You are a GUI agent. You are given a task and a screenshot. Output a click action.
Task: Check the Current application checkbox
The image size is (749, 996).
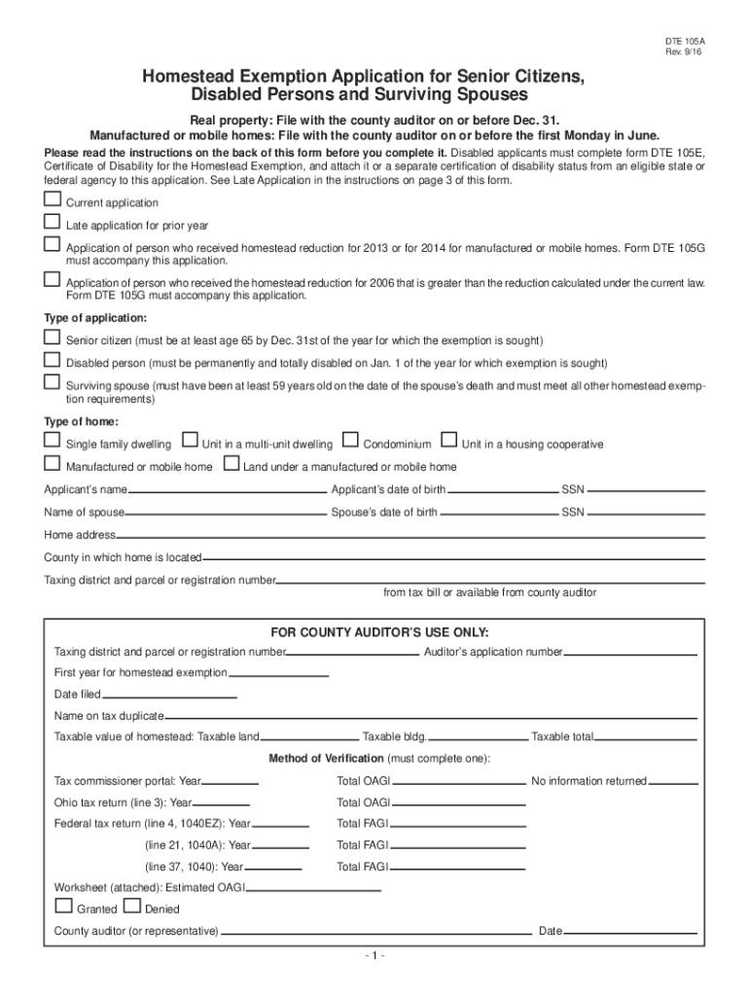[x=52, y=199]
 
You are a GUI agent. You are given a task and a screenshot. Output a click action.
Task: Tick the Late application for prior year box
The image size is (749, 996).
[x=52, y=222]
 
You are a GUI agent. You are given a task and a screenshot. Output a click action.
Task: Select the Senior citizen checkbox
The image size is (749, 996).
[x=52, y=338]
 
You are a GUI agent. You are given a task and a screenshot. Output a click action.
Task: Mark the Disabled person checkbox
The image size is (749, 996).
[x=52, y=360]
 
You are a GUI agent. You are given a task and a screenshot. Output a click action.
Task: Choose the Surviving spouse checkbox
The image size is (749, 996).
[x=52, y=382]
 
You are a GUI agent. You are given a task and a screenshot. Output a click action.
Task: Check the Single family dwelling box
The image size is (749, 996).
[x=52, y=441]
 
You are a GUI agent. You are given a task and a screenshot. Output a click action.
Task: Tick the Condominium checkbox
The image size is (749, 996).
[x=350, y=441]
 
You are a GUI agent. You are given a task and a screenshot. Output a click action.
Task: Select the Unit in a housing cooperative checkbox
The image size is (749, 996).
[x=449, y=441]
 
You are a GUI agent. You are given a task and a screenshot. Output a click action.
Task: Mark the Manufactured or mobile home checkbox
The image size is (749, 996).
[x=52, y=464]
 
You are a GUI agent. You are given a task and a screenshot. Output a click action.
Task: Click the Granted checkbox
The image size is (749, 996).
[x=63, y=907]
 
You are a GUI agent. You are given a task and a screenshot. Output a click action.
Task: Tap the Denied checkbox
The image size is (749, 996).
[x=131, y=907]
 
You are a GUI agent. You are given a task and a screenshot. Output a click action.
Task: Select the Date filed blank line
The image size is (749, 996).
[x=169, y=697]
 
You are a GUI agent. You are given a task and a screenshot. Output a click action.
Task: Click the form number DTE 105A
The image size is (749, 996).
[x=686, y=43]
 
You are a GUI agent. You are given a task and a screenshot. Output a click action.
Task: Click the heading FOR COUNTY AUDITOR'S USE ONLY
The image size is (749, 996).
[x=374, y=632]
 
